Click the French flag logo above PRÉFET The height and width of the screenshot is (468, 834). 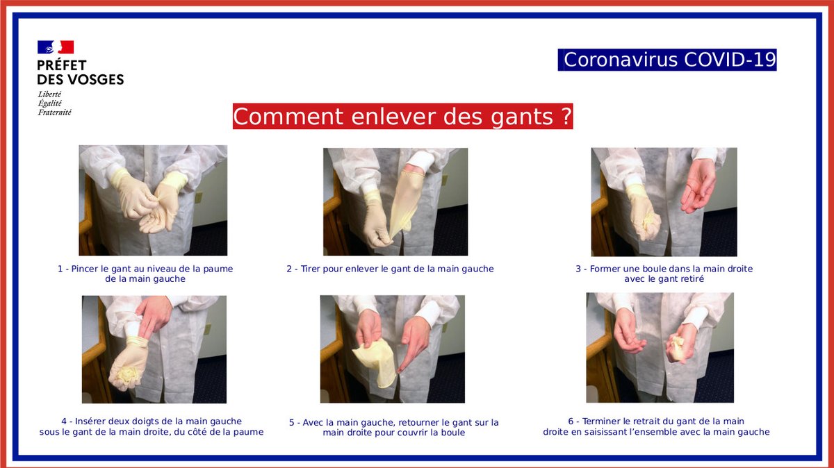click(56, 47)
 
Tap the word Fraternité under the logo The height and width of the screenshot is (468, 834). click(54, 112)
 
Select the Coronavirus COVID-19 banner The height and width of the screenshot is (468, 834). click(667, 60)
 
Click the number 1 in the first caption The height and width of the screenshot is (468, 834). click(60, 269)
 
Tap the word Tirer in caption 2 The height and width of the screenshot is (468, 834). click(311, 269)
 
